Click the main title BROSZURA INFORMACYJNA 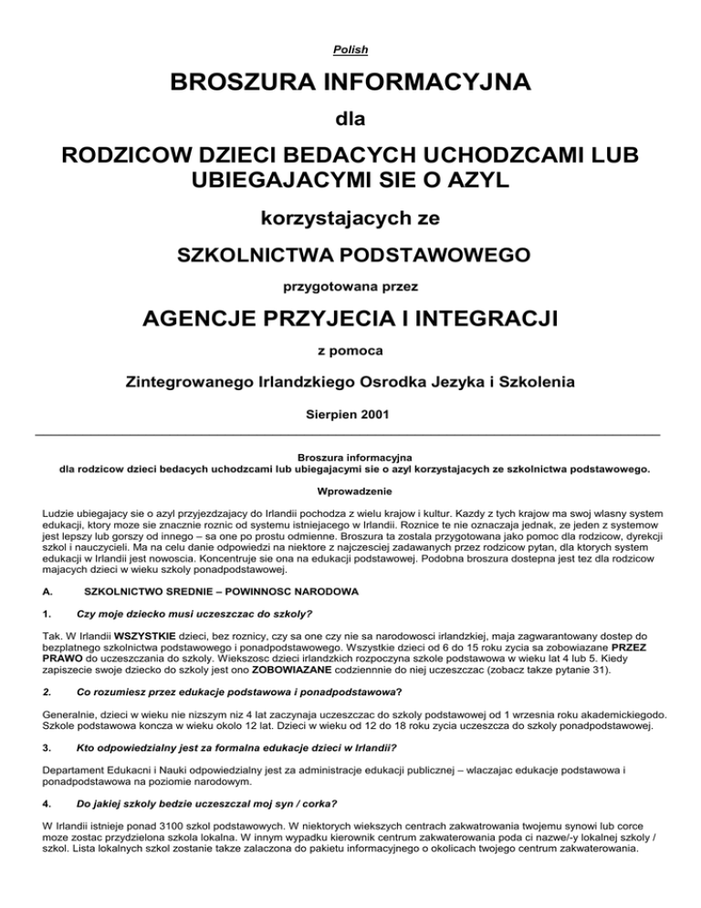350,90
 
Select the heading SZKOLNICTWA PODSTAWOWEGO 350,253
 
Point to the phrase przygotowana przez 350,287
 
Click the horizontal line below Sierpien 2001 350,435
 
